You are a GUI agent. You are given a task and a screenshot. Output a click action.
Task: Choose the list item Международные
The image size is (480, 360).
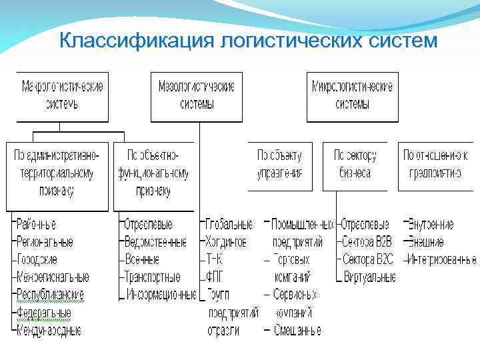[49, 329]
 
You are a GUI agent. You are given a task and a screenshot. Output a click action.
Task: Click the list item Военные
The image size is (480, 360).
[142, 259]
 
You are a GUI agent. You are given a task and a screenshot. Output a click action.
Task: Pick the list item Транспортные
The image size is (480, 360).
[153, 277]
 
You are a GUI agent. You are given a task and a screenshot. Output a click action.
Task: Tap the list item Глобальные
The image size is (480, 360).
[229, 225]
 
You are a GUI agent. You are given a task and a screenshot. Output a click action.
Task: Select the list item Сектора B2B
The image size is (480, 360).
[367, 242]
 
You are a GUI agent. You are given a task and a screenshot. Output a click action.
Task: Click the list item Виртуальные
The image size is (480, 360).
[369, 277]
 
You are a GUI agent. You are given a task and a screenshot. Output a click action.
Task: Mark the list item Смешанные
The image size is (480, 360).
[296, 329]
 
